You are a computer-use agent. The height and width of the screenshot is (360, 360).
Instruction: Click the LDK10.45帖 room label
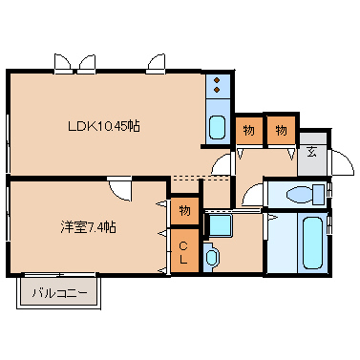[x=104, y=126]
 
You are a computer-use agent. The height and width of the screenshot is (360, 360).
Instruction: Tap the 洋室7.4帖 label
[x=88, y=227]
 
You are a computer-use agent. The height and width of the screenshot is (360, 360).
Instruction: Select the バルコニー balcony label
[x=59, y=292]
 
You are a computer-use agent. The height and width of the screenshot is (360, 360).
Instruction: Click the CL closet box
[x=184, y=251]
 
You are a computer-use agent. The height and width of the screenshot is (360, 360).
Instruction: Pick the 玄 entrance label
[x=312, y=152]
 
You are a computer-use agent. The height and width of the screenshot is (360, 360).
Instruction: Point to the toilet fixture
[x=305, y=195]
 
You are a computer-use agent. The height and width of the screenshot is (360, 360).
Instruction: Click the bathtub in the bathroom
[x=312, y=243]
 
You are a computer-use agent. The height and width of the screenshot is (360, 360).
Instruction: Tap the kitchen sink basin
[x=218, y=127]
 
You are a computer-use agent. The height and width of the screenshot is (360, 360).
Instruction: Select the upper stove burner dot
[x=217, y=80]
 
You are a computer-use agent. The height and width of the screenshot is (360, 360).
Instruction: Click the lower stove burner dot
[x=217, y=90]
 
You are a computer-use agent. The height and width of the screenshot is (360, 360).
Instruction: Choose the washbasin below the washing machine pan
[x=211, y=257]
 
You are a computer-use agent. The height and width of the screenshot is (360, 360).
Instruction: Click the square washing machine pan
[x=220, y=225]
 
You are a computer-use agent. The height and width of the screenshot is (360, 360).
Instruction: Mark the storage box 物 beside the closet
[x=184, y=211]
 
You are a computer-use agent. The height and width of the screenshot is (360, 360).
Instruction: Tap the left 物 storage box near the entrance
[x=249, y=130]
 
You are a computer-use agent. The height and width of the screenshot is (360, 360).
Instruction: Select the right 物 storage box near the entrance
[x=281, y=130]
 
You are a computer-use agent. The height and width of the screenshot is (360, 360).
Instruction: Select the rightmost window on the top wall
[x=157, y=63]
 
